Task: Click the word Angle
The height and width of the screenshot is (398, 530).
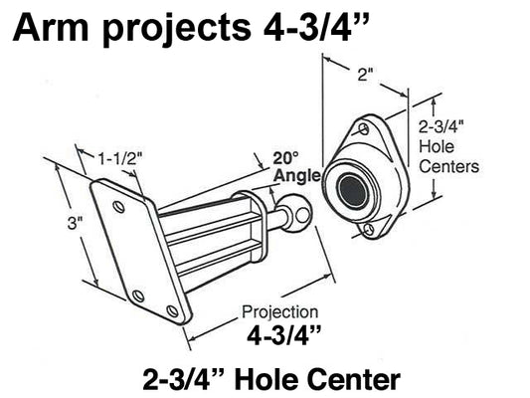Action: coord(296,176)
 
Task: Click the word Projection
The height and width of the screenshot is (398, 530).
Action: coord(280,311)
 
